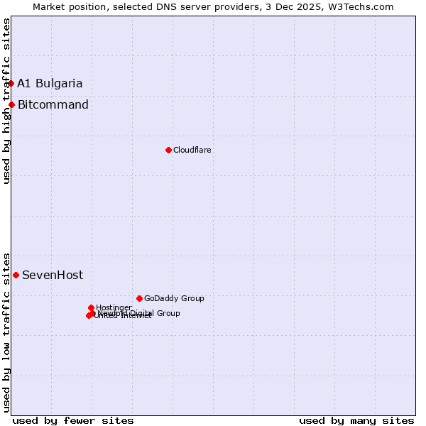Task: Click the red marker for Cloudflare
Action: pyautogui.click(x=168, y=150)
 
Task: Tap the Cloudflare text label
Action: pyautogui.click(x=192, y=151)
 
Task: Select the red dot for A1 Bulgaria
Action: pyautogui.click(x=11, y=83)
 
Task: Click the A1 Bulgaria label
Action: pyautogui.click(x=50, y=84)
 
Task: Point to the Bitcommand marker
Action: pyautogui.click(x=11, y=105)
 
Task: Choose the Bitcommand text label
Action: pyautogui.click(x=53, y=105)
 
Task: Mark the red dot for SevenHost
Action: pyautogui.click(x=16, y=275)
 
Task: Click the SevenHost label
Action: pyautogui.click(x=53, y=275)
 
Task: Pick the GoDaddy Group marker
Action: pyautogui.click(x=139, y=298)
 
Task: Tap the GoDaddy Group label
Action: pyautogui.click(x=174, y=299)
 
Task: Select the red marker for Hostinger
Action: pyautogui.click(x=91, y=307)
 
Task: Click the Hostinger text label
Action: pyautogui.click(x=114, y=308)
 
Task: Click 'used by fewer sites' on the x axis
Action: pyautogui.click(x=73, y=420)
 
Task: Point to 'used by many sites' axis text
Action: pyautogui.click(x=356, y=420)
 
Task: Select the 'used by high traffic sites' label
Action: pyautogui.click(x=6, y=101)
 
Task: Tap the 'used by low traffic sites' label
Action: pyautogui.click(x=6, y=332)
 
